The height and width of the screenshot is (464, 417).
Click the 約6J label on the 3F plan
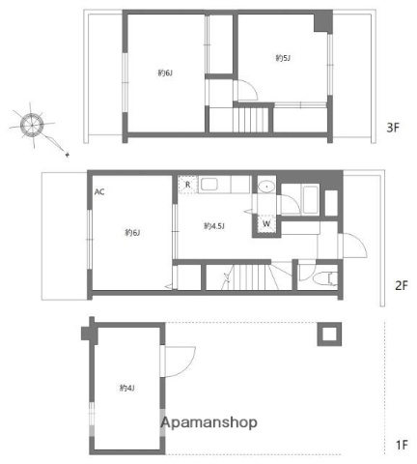tap(165, 72)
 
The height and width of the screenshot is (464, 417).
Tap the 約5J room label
tap(283, 58)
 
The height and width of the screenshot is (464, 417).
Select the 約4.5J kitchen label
tap(214, 226)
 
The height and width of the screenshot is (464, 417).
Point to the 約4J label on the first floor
tap(127, 388)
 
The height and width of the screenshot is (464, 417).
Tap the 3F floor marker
tap(393, 127)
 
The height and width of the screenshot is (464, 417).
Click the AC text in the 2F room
tap(99, 191)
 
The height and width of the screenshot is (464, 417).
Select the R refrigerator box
tap(187, 184)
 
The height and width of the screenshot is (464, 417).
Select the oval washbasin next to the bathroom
tap(265, 187)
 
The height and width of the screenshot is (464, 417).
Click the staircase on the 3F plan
tap(250, 121)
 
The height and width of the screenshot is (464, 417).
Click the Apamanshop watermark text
tap(208, 423)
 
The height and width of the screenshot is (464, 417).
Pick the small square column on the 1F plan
tap(328, 334)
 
